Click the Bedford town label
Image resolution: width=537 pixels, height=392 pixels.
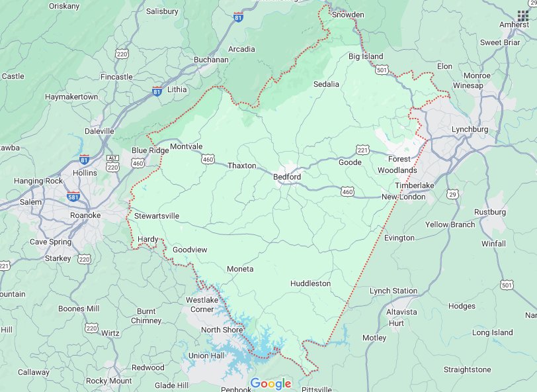287,177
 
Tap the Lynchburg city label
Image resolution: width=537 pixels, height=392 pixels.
470,129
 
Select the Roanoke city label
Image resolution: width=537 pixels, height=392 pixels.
85,215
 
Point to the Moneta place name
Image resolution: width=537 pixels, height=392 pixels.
240,269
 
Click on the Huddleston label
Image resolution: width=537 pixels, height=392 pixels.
310,283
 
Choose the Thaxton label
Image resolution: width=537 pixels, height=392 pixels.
241,166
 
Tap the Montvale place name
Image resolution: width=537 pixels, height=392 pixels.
186,146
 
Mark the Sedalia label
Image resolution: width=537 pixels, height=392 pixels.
326,84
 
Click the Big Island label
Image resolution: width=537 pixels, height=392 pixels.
366,56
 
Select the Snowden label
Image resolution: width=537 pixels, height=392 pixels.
348,14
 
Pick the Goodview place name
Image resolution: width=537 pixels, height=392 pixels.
190,250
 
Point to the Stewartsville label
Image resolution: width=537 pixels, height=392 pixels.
157,217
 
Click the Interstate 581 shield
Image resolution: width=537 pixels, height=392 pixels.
73,197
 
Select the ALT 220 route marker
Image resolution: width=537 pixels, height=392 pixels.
112,163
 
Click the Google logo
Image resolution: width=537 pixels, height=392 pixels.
270,383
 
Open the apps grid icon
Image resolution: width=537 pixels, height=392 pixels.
523,16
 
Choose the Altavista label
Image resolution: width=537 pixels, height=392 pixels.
402,311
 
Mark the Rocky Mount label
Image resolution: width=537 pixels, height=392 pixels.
109,381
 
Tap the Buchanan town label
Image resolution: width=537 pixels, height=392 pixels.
211,60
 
